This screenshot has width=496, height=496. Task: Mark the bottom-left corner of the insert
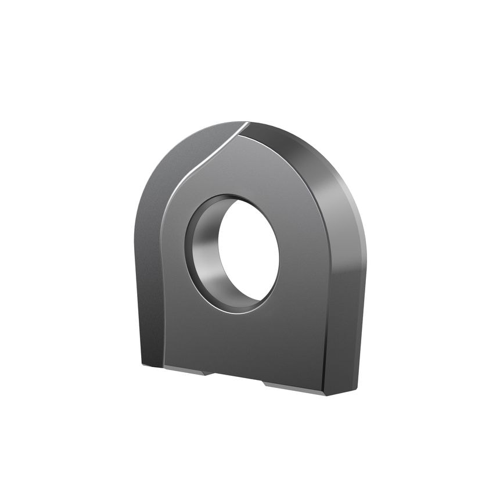coord(143,365)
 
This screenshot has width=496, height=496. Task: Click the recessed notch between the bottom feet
coord(235,378)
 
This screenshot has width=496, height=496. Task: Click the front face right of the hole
coord(302,261)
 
